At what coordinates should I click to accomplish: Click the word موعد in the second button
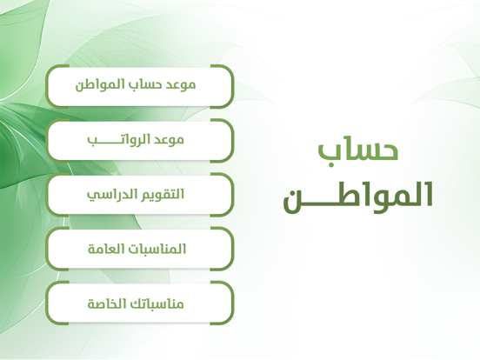pyautogui.click(x=170, y=140)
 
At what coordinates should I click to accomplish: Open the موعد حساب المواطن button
pyautogui.click(x=140, y=86)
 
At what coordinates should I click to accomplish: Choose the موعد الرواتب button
pyautogui.click(x=140, y=141)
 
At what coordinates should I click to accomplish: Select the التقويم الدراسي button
pyautogui.click(x=140, y=195)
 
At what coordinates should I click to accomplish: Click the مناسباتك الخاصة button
pyautogui.click(x=140, y=303)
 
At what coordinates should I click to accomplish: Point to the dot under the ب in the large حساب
pyautogui.click(x=330, y=165)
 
